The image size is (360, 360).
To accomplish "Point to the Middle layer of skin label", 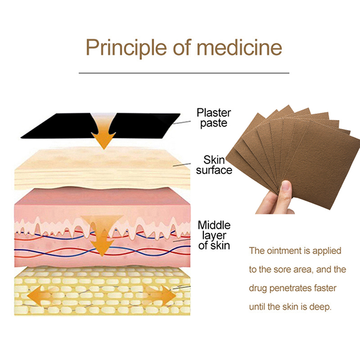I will pyautogui.click(x=214, y=235).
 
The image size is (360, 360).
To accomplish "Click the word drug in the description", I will pyautogui.click(x=258, y=288).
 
